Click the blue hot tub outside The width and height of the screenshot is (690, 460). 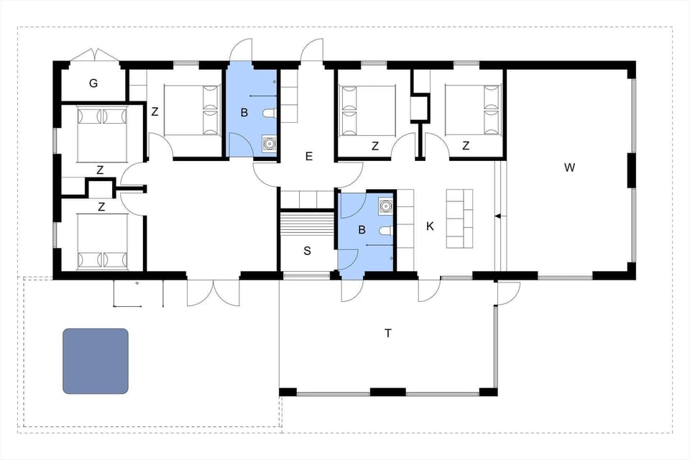(x=96, y=361)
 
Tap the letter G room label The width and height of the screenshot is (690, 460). (x=93, y=83)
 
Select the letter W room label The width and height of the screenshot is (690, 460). (x=569, y=167)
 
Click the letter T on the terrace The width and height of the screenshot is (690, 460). (x=388, y=333)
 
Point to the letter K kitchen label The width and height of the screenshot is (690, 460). (x=430, y=226)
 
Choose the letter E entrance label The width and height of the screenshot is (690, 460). (x=309, y=156)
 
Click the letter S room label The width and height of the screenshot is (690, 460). (x=307, y=251)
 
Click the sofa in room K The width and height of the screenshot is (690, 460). (x=459, y=217)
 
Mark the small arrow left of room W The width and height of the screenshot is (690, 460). (x=497, y=216)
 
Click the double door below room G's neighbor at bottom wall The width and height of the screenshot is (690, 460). (x=213, y=293)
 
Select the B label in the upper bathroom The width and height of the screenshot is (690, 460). (x=244, y=112)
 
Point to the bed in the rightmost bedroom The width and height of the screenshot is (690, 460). (x=472, y=110)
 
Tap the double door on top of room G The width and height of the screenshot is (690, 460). (x=93, y=56)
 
